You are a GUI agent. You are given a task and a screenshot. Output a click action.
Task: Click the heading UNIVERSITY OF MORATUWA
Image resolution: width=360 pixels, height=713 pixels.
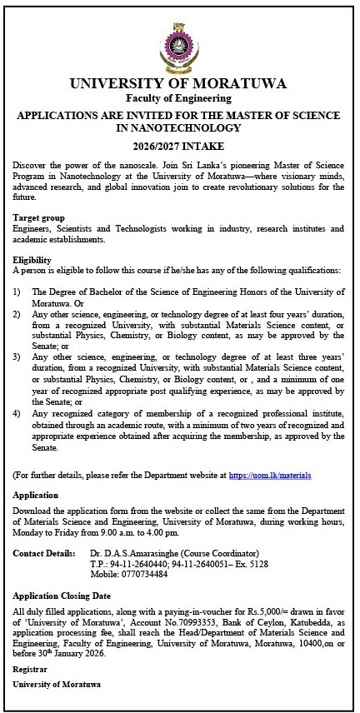tap(179, 83)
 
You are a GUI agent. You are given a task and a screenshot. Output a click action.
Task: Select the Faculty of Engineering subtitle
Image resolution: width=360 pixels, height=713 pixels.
tap(179, 98)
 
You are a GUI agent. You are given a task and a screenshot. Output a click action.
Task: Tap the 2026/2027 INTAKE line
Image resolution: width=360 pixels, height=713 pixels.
tap(179, 143)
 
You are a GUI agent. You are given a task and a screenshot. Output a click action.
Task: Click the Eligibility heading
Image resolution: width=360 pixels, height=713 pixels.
tap(32, 260)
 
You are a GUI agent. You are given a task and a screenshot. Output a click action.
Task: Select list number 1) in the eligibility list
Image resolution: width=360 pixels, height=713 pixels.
tap(17, 292)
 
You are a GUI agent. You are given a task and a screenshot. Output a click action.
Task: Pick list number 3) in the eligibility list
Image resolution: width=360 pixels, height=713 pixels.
tap(17, 356)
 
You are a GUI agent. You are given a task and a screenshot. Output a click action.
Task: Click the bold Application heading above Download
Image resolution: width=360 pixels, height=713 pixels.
tap(37, 495)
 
